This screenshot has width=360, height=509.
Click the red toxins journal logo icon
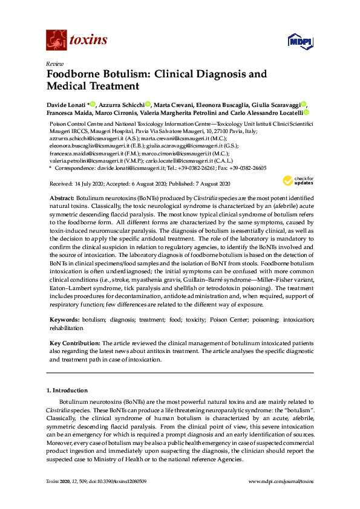(x=56, y=40)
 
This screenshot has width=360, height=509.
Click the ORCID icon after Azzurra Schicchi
(x=148, y=104)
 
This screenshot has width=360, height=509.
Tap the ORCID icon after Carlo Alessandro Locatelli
(x=307, y=112)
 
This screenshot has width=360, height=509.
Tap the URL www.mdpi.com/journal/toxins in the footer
(x=281, y=481)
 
